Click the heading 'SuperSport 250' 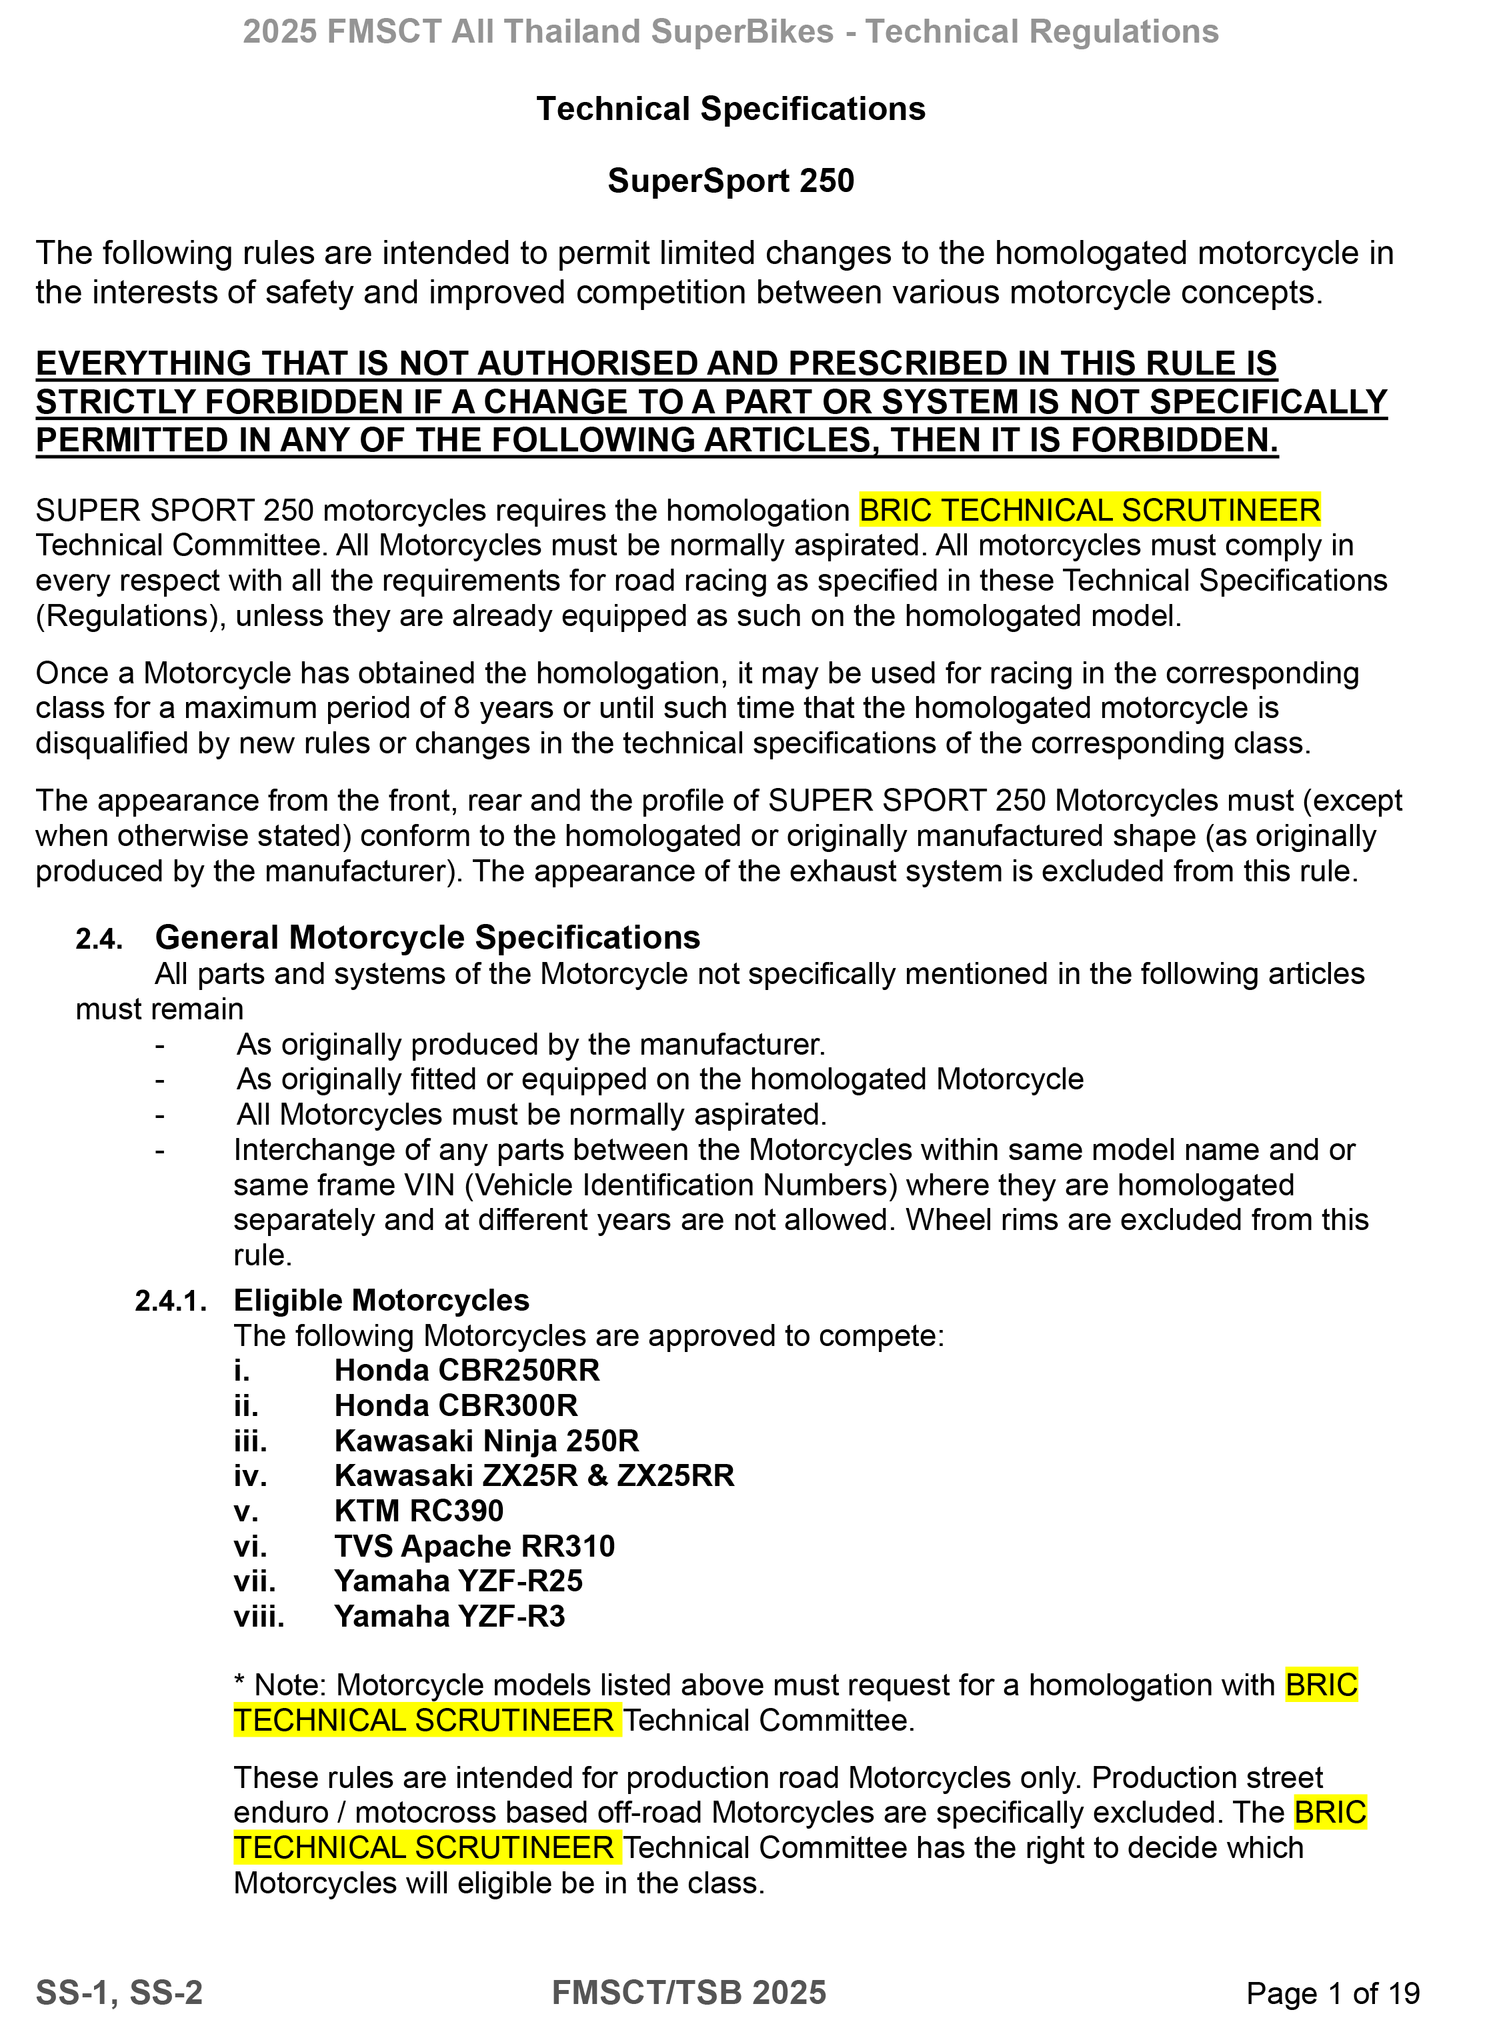tap(731, 181)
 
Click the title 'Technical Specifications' tap(731, 109)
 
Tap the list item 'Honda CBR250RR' tap(466, 1370)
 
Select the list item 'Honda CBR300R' tap(455, 1405)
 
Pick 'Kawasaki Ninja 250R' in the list tap(486, 1441)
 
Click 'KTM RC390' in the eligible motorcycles tap(418, 1511)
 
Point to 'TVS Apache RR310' tap(474, 1546)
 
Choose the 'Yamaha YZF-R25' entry tap(458, 1581)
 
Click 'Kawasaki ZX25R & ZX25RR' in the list tap(533, 1475)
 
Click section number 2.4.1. tap(171, 1301)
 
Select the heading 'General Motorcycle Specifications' tap(427, 937)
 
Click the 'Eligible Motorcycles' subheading tap(381, 1300)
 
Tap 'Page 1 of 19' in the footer tap(1332, 1993)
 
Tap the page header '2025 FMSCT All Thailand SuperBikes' tap(538, 32)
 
